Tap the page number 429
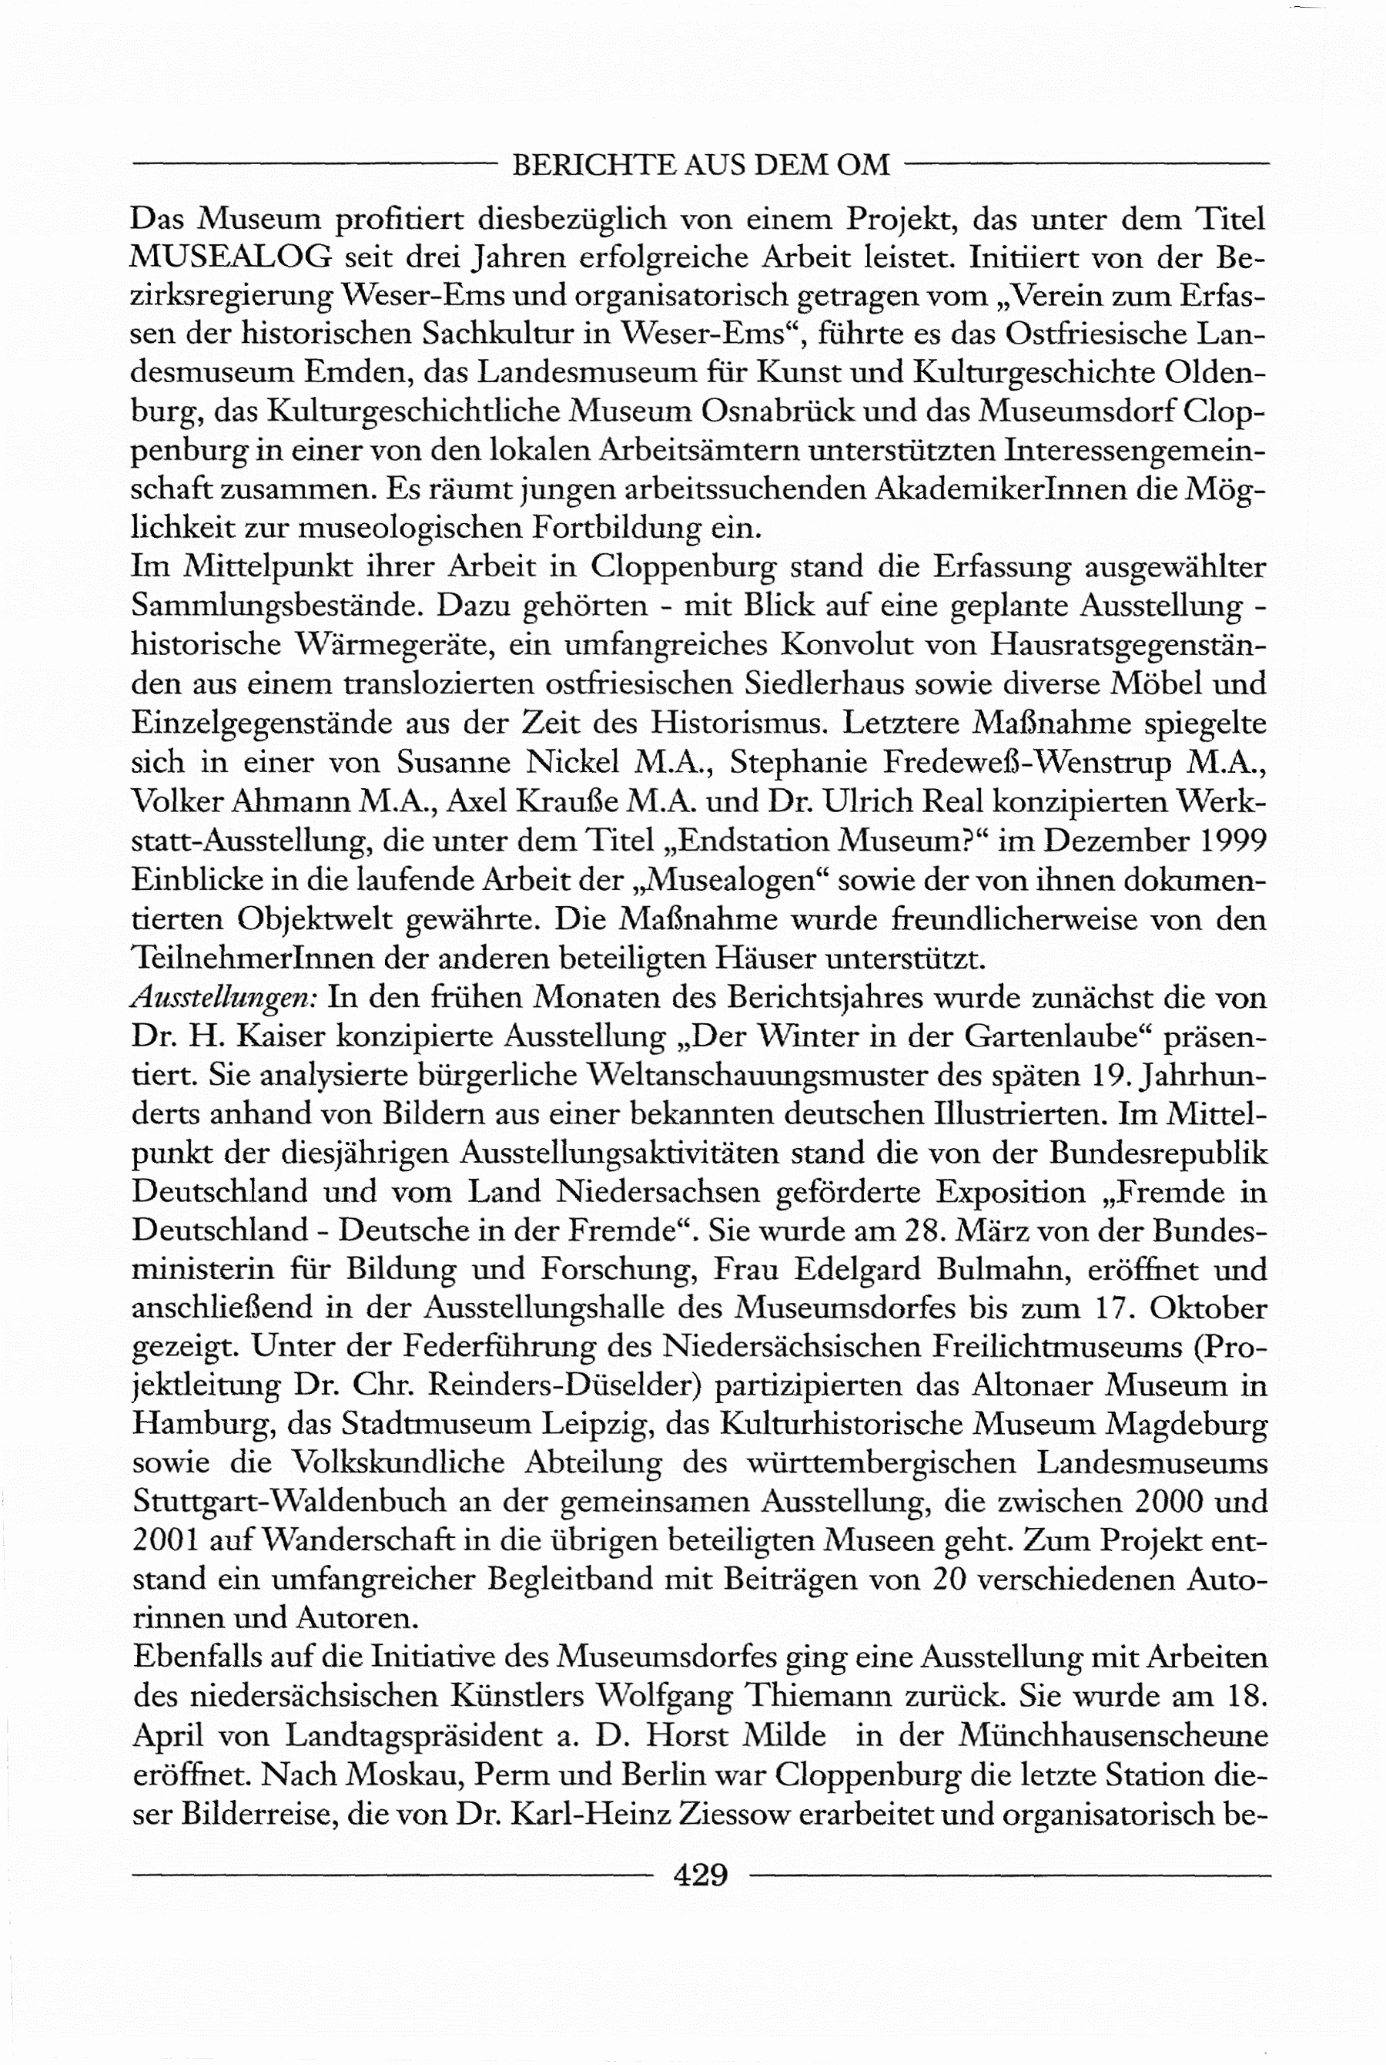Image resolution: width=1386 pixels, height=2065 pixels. coord(700,1873)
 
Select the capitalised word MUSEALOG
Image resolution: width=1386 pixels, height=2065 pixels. coord(231,257)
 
